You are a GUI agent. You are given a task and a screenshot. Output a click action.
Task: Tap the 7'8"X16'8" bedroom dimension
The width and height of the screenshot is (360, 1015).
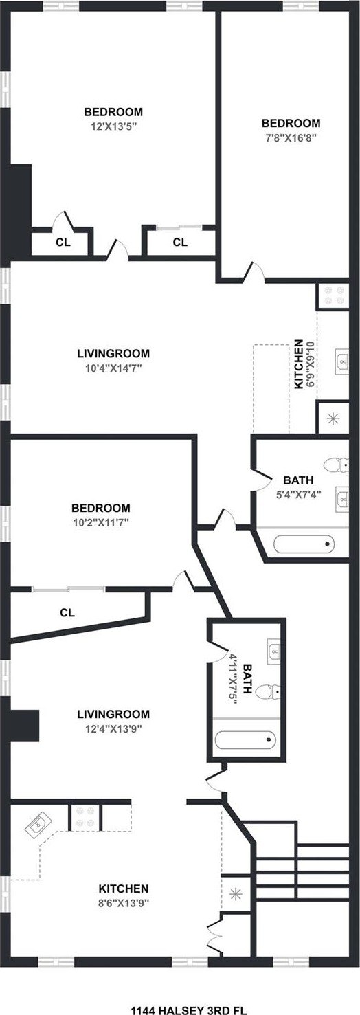tap(291, 137)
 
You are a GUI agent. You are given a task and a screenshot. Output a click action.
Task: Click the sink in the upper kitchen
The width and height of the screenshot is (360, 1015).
tap(342, 361)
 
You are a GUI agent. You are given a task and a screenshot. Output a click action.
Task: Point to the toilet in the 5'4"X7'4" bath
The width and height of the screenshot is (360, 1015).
tap(337, 465)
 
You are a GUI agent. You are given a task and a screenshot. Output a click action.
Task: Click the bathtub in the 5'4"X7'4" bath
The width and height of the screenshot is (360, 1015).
tap(304, 544)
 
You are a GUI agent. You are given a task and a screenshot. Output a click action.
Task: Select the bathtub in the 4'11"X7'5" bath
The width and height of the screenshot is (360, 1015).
tap(245, 740)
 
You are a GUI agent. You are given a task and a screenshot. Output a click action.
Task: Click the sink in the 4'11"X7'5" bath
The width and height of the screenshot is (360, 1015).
tap(273, 652)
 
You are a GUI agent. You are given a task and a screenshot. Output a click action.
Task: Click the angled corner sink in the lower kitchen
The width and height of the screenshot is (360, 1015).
tap(38, 825)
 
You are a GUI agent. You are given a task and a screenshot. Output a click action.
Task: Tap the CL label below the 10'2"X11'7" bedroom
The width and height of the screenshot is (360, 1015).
tap(67, 612)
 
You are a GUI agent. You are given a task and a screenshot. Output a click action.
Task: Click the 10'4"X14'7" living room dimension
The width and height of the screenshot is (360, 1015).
tap(114, 368)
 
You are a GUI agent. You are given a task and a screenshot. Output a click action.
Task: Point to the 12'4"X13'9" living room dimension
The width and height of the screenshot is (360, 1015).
tap(113, 729)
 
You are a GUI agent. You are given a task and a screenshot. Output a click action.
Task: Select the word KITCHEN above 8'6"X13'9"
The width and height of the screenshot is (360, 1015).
tap(124, 889)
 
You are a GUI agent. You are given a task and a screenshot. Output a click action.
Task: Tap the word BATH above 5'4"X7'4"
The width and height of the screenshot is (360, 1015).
tap(298, 480)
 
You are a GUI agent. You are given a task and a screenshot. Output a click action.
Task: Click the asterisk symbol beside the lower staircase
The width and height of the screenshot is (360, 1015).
tap(235, 894)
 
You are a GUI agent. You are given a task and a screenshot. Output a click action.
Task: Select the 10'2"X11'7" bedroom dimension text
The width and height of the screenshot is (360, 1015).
tap(102, 522)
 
